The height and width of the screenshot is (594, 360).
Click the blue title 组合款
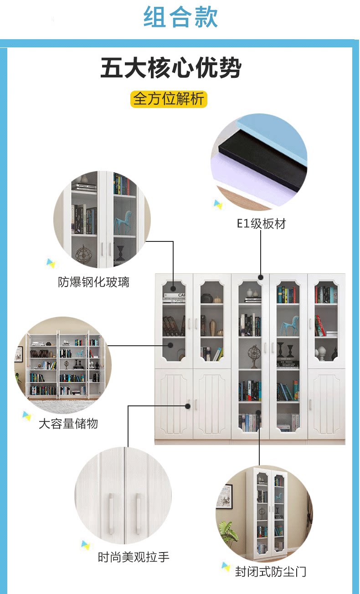(180, 17)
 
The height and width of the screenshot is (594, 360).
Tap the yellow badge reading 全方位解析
(169, 99)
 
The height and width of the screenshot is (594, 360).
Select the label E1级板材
(261, 224)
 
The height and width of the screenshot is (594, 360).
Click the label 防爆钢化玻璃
(94, 282)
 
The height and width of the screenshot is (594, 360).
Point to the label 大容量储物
(68, 424)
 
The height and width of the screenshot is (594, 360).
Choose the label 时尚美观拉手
(134, 557)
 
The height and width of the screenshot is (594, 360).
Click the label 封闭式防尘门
(271, 572)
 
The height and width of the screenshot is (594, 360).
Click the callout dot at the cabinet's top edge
(261, 277)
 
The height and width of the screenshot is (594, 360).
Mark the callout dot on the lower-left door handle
(188, 406)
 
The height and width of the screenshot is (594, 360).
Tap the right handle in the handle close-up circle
(139, 513)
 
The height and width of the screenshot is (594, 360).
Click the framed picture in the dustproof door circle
(225, 497)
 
